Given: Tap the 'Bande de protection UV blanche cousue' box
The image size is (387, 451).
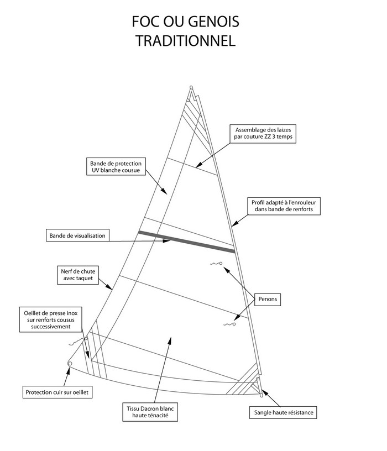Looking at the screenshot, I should coord(116,167).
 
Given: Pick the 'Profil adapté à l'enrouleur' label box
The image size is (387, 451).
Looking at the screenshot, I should coord(286,207).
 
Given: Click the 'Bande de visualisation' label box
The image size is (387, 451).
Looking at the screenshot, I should coord(78,236).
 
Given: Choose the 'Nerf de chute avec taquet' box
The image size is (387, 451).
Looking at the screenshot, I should coord(77,275).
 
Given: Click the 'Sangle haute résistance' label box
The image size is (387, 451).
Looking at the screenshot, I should coord(285,412).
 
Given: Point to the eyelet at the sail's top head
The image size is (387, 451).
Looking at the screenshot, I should coord(191,88).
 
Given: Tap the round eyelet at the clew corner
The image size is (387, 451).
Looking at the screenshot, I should coord(70,363).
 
